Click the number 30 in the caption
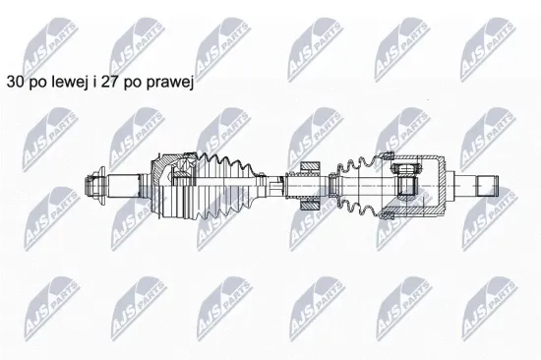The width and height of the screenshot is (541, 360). click(x=15, y=83)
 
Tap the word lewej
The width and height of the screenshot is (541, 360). click(x=69, y=83)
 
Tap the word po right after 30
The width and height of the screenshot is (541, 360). click(x=37, y=85)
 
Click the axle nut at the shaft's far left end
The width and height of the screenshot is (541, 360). click(x=90, y=186)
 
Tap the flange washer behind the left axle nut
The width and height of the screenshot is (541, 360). click(x=101, y=186)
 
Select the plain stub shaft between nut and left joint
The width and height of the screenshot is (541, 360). click(x=124, y=186)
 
